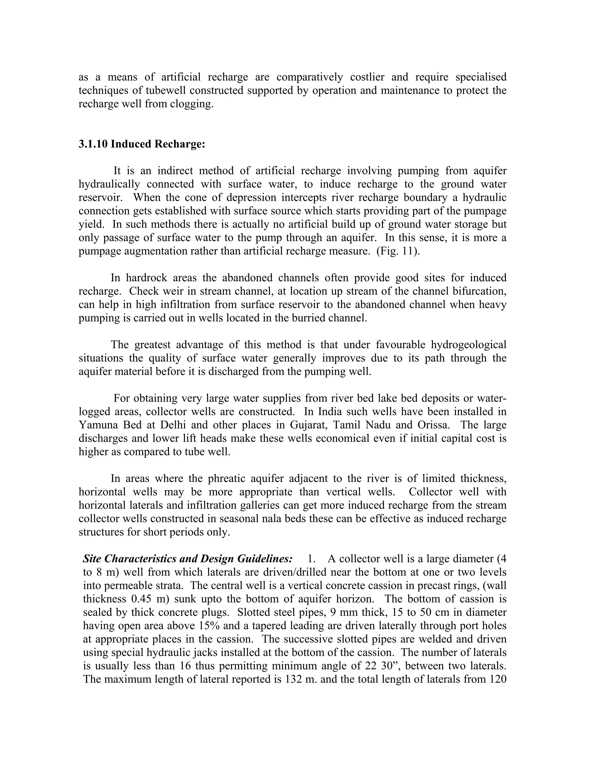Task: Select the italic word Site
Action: point(92,559)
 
